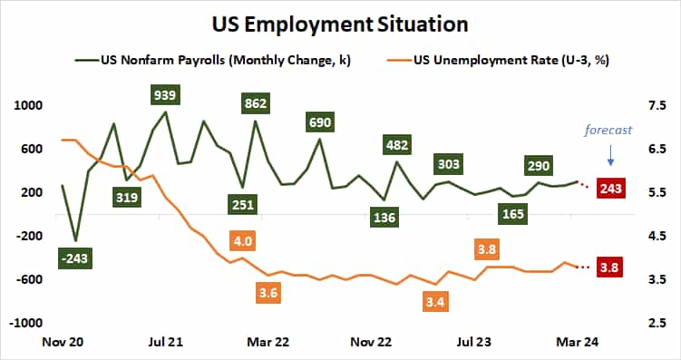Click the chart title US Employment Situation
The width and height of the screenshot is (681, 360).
click(340, 21)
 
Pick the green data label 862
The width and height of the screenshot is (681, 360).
click(256, 104)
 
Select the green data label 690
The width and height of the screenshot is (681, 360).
click(319, 122)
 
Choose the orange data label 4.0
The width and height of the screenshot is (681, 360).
click(242, 242)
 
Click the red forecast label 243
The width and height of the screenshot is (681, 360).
click(611, 189)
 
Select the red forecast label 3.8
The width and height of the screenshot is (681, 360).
click(611, 268)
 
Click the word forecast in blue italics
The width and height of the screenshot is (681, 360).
click(608, 130)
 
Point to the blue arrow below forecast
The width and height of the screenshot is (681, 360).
click(611, 156)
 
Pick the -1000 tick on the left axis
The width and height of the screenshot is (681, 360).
click(27, 323)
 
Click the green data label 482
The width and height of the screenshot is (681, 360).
click(396, 145)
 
